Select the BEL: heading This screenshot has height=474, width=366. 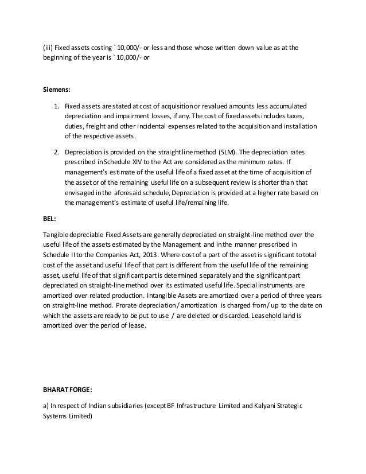click(x=50, y=219)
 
